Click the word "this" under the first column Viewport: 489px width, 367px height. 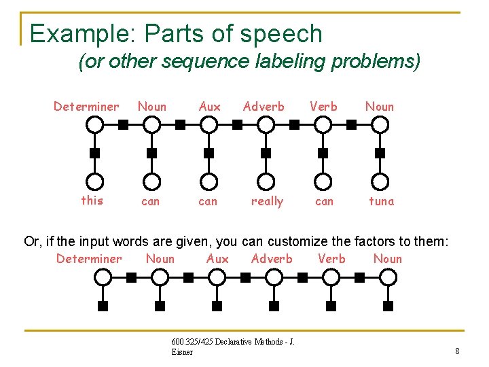(92, 200)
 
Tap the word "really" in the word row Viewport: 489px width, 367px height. (267, 201)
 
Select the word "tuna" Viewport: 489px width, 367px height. (381, 201)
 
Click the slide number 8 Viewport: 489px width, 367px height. (457, 351)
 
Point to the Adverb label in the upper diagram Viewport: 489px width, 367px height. (264, 106)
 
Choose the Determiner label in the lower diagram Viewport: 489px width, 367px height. (89, 258)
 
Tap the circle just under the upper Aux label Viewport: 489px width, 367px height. (209, 124)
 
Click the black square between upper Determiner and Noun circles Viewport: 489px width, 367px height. (124, 124)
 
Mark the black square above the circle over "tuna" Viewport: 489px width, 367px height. (380, 153)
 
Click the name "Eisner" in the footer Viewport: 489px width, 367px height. (182, 352)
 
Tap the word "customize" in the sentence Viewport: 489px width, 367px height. (301, 241)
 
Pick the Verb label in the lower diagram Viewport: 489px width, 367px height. (331, 258)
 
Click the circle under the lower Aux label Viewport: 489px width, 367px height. (217, 277)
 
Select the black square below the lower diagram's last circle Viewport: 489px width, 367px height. (388, 306)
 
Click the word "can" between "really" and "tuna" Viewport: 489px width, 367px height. (324, 201)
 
